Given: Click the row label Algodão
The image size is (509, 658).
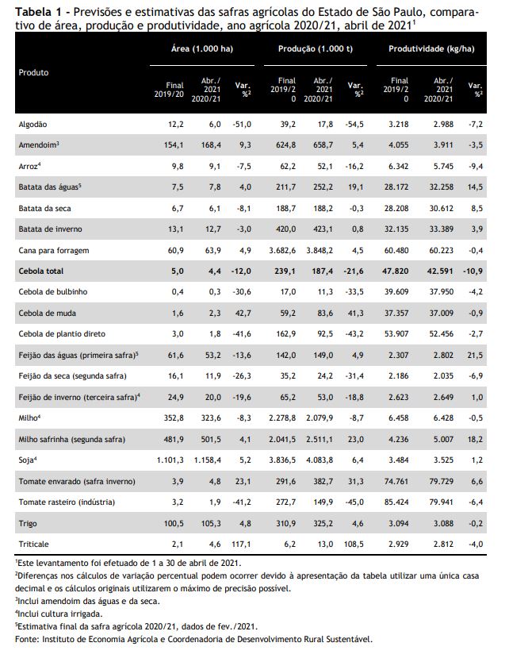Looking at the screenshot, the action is click(33, 125).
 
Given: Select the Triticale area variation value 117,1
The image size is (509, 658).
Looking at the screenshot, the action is click(241, 544).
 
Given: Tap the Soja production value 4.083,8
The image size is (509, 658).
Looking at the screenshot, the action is click(320, 460).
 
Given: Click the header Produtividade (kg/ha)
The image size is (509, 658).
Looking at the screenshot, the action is click(431, 48).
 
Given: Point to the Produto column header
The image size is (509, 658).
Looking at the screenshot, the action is click(33, 72).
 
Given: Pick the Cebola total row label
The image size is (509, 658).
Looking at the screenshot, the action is click(41, 271).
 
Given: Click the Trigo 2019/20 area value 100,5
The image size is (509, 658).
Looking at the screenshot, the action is click(174, 523).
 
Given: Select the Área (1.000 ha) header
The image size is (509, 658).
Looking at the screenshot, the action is click(202, 48).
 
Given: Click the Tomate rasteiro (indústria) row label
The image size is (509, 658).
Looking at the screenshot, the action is click(67, 502).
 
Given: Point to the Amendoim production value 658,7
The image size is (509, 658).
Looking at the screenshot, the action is click(323, 145).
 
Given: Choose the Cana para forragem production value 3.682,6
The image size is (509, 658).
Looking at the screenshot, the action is click(282, 251).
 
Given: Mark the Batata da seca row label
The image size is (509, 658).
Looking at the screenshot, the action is click(45, 209).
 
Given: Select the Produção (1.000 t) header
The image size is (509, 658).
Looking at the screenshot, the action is click(316, 48).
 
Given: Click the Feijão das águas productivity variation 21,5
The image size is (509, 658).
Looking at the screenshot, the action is click(475, 356).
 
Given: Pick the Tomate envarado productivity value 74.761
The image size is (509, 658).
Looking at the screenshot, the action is click(396, 481).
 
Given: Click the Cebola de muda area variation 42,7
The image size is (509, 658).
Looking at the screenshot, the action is click(243, 313).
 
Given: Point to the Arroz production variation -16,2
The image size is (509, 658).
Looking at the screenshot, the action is click(354, 167).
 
